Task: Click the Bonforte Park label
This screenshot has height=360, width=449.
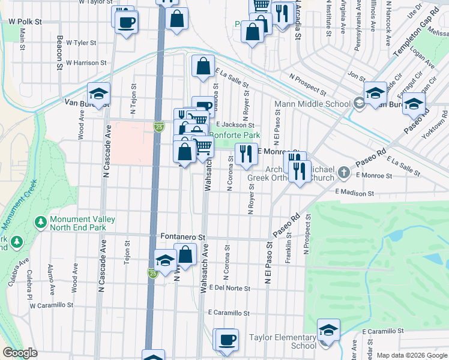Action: [238, 136]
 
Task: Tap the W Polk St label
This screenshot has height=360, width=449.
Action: [25, 21]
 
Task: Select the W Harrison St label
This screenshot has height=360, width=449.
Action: [86, 62]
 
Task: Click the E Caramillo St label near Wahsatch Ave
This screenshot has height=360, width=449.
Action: [229, 313]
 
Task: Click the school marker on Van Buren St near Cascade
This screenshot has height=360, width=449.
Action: [99, 94]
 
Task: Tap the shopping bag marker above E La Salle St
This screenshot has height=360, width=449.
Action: [203, 65]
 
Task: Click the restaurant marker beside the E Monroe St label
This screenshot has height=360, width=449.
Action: [246, 154]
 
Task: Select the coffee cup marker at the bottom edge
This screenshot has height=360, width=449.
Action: [226, 340]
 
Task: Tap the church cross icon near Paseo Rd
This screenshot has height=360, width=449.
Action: [343, 173]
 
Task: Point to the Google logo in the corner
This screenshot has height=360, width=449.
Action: [20, 353]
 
